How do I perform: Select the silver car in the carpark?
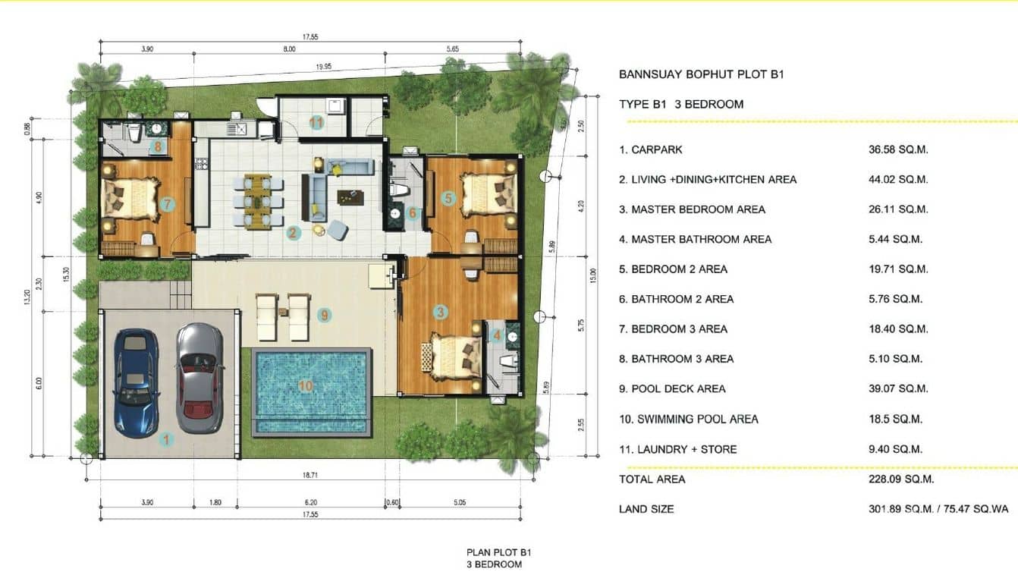tap(200, 377)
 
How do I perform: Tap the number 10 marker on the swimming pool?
tap(306, 386)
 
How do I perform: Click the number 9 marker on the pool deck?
tap(324, 315)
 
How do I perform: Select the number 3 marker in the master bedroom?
tap(440, 312)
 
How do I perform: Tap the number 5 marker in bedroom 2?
tap(448, 199)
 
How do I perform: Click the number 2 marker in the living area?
tap(293, 233)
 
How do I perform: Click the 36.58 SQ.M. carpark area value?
tap(898, 149)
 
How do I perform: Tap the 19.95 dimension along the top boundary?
tap(323, 67)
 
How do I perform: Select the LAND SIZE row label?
tap(646, 509)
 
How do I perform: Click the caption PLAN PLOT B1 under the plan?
tap(494, 553)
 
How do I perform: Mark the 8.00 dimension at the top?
tap(289, 49)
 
